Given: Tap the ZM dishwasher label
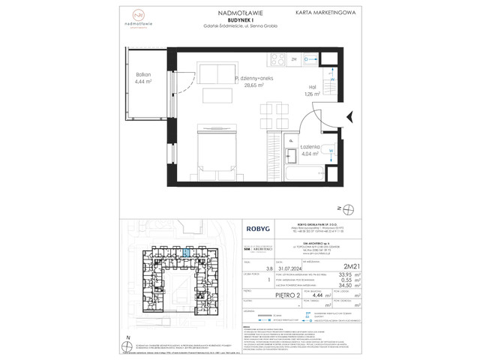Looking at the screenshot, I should [x=294, y=58].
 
